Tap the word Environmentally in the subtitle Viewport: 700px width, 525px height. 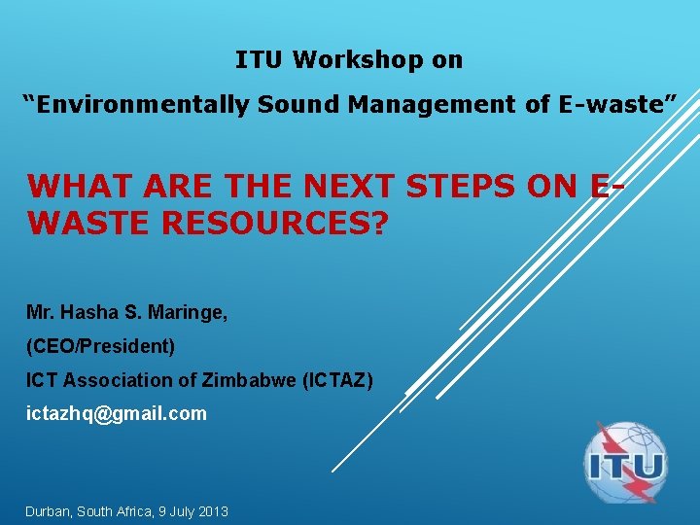[136, 105]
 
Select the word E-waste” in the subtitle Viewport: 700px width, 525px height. [615, 105]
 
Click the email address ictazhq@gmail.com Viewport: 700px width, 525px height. [116, 413]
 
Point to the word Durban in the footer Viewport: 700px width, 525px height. [50, 510]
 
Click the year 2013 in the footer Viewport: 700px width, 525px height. [212, 510]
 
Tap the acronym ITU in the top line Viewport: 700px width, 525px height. [260, 60]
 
